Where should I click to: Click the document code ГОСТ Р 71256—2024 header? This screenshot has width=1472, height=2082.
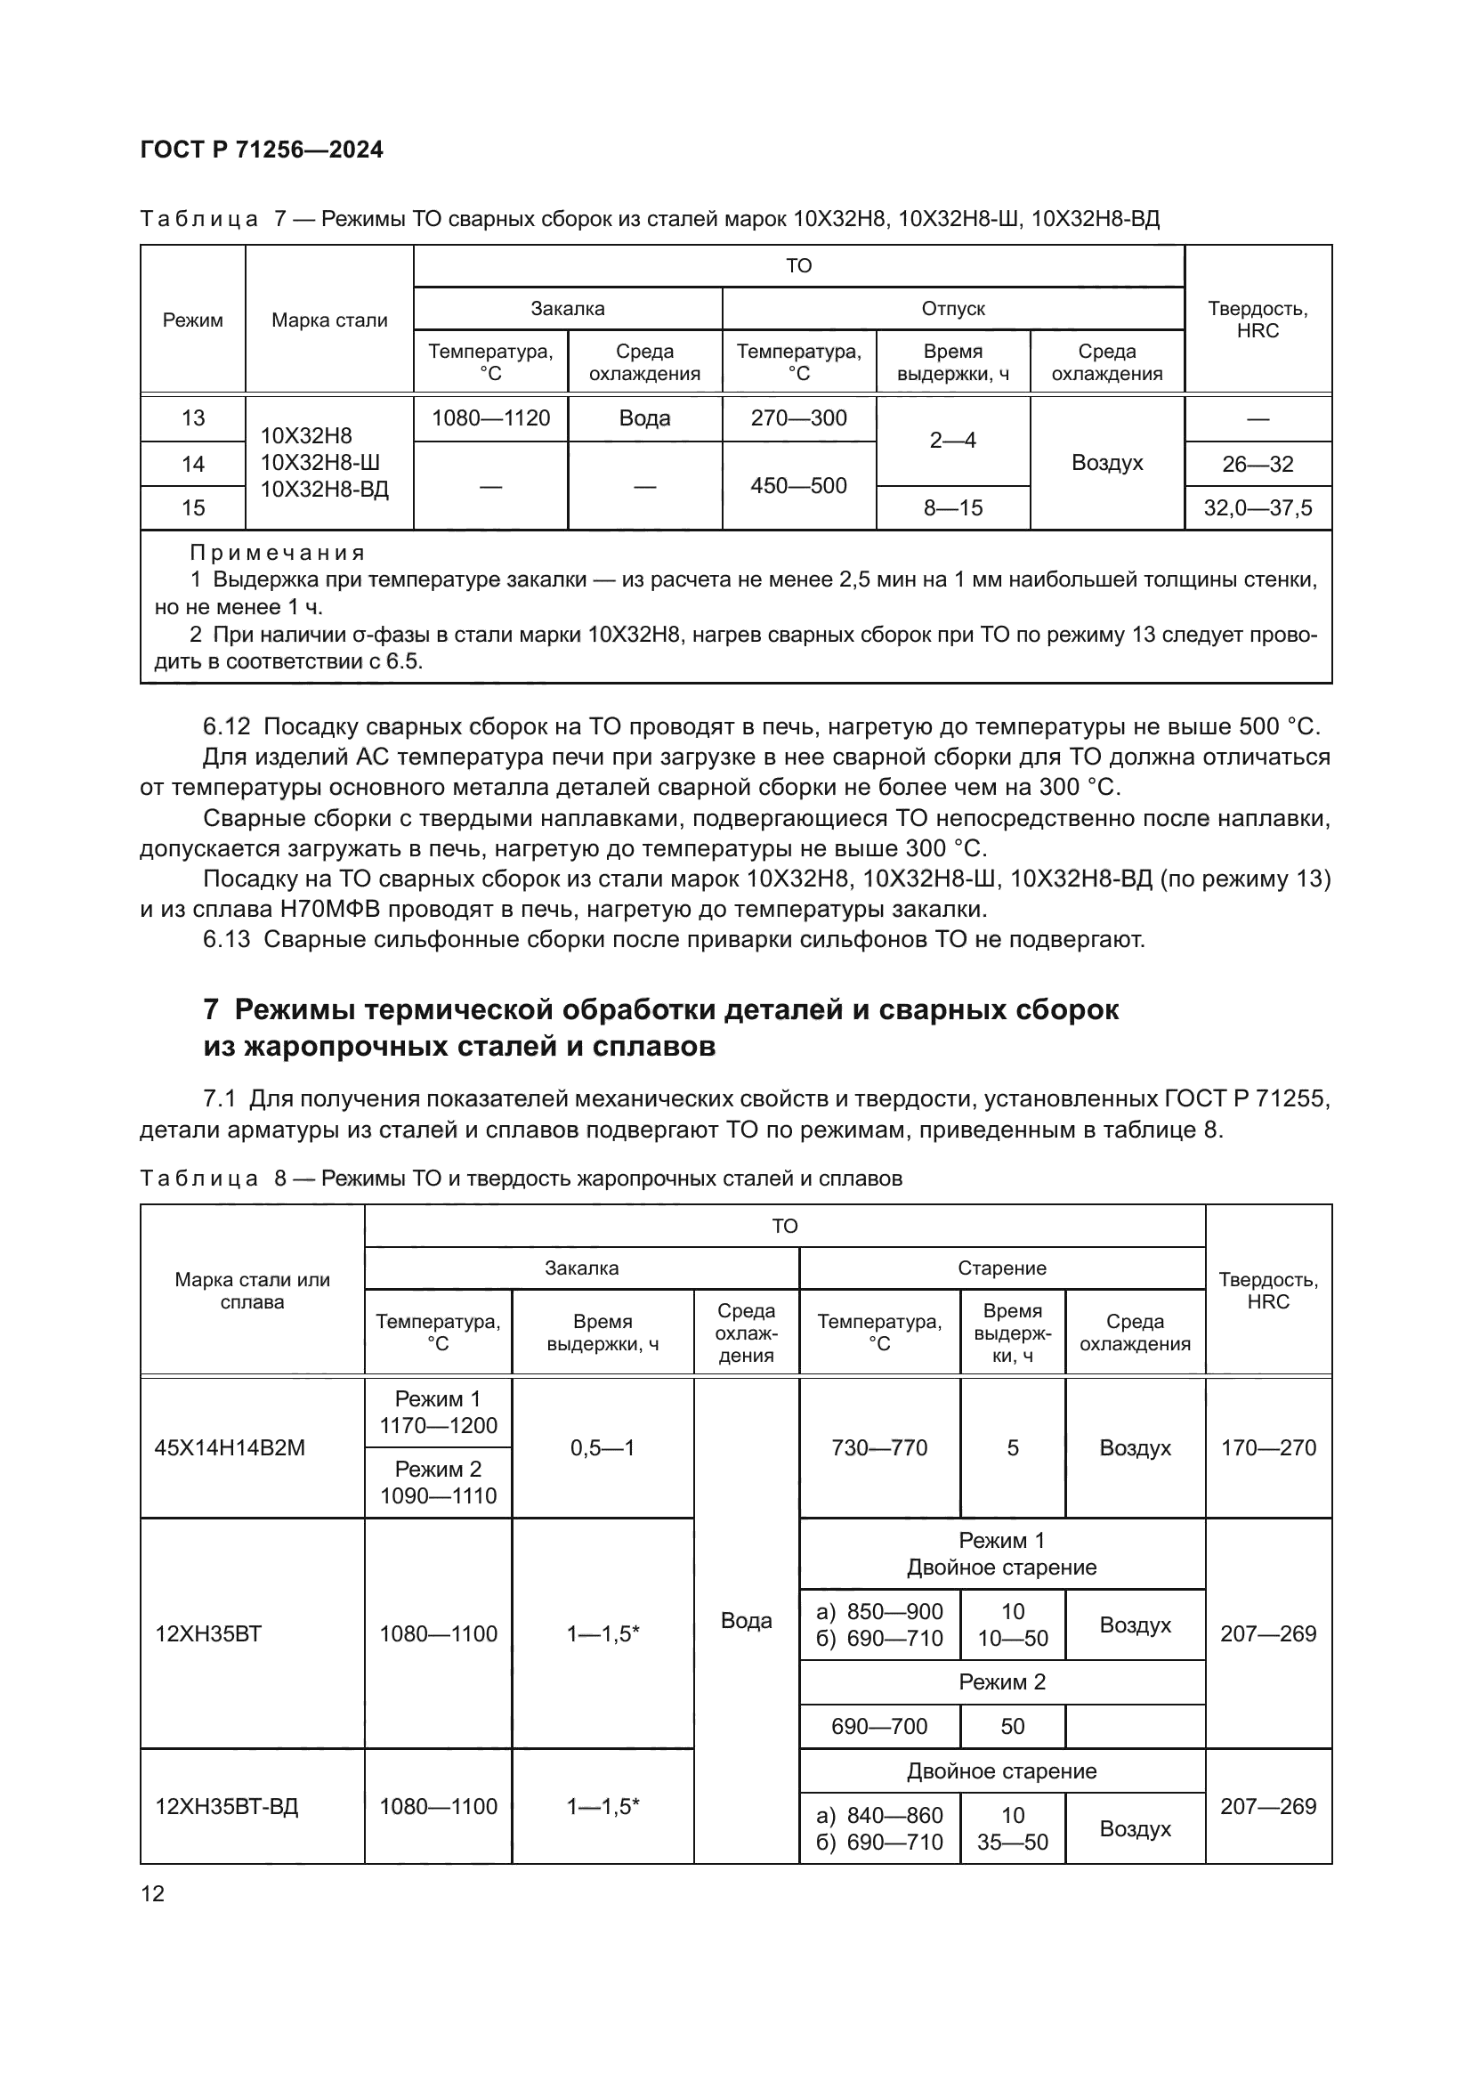click(x=262, y=150)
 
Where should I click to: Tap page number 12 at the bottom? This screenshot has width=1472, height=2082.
click(x=153, y=1893)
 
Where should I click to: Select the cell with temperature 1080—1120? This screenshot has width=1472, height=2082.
click(x=490, y=418)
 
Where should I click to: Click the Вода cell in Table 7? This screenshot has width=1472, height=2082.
click(x=644, y=418)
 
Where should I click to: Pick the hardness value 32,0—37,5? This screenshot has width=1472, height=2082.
click(x=1258, y=507)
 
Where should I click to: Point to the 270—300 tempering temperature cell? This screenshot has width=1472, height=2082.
click(x=798, y=418)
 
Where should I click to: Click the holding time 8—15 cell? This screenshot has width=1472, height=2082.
click(x=952, y=507)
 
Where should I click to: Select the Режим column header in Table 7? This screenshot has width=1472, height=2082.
click(x=192, y=320)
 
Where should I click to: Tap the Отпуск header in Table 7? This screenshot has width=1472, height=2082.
click(x=952, y=309)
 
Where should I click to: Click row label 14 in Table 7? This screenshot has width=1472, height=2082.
click(x=192, y=465)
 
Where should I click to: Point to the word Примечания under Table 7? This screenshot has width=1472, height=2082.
click(x=278, y=552)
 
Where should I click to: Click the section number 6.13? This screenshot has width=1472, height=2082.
click(x=227, y=939)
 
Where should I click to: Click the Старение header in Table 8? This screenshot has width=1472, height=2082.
click(x=1001, y=1268)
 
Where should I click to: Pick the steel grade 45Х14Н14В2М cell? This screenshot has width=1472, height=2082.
click(x=230, y=1448)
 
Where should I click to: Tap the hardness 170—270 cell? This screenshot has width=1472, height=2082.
click(x=1268, y=1448)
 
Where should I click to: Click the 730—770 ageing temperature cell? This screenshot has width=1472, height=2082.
click(x=879, y=1448)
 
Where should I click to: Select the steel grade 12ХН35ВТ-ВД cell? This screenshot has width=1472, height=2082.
click(x=227, y=1806)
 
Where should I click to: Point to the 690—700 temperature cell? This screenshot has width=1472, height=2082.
click(x=879, y=1727)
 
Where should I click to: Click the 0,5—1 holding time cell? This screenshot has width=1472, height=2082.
click(x=602, y=1448)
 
